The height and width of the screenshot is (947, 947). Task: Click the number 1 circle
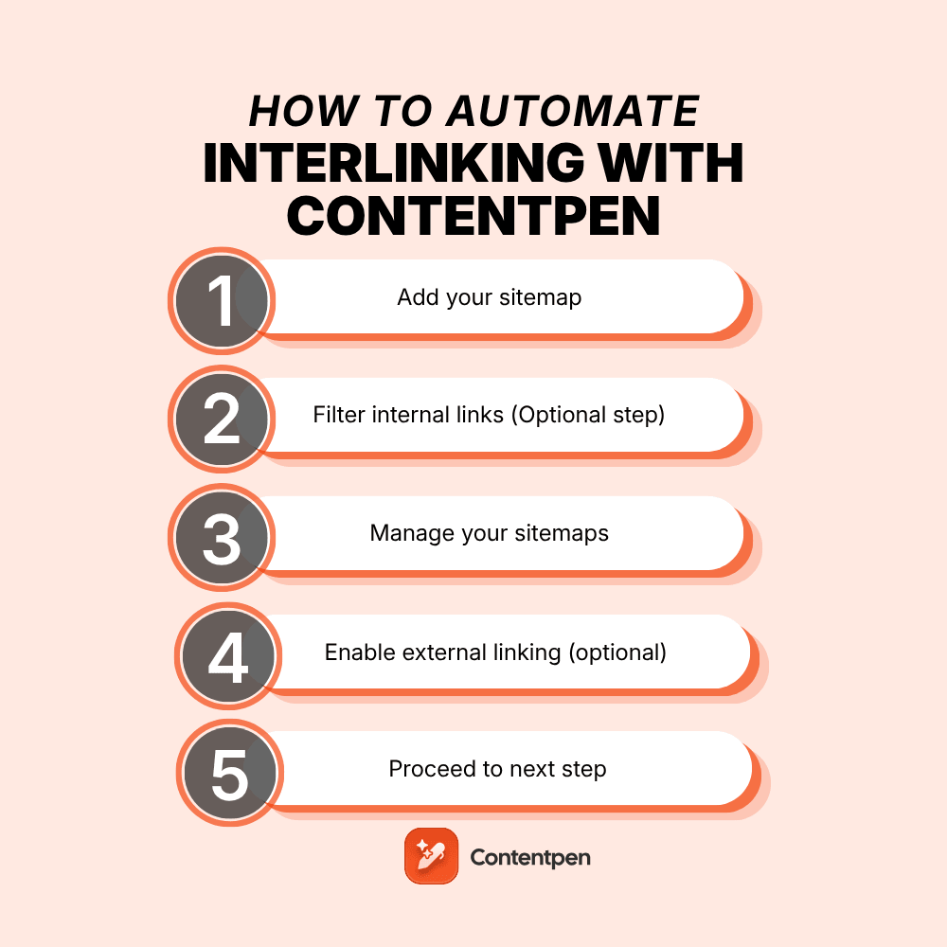[x=222, y=300]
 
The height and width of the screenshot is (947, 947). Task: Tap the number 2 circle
[x=222, y=419]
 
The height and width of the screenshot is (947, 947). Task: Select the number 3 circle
[x=222, y=537]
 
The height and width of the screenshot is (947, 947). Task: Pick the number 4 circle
[x=227, y=655]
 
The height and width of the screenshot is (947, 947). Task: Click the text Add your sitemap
[x=489, y=297]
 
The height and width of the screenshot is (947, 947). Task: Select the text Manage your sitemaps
[x=489, y=533]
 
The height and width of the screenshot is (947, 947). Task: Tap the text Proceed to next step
[x=497, y=769]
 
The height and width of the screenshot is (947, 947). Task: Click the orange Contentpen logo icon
[x=431, y=856]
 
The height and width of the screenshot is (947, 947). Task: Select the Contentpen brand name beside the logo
[x=530, y=857]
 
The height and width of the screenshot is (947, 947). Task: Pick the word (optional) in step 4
[x=616, y=652]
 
